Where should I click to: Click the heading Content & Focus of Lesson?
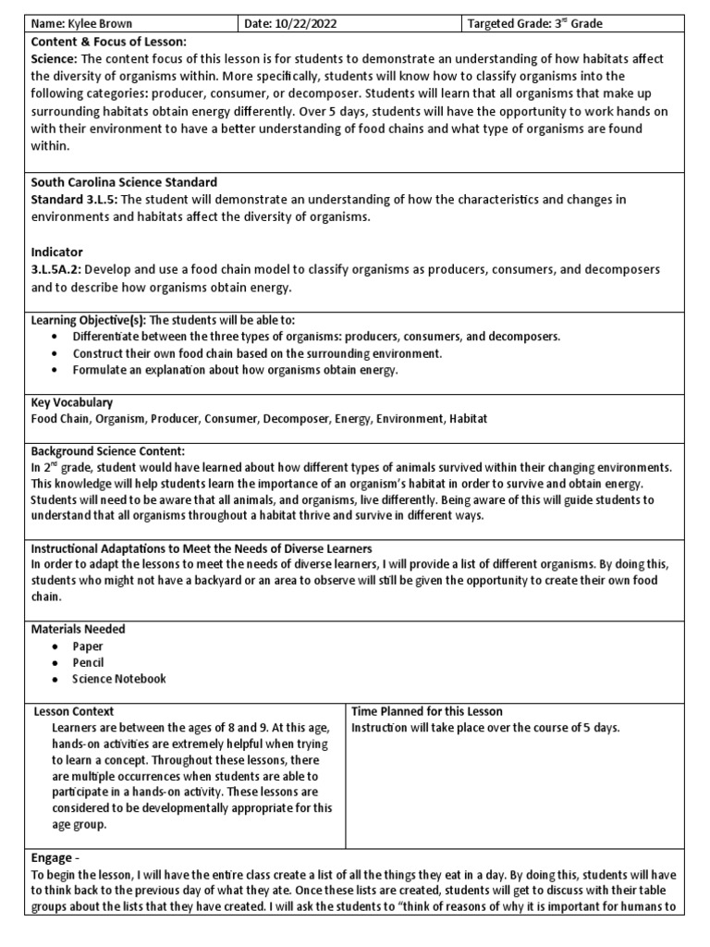click(108, 42)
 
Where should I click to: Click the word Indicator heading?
click(56, 252)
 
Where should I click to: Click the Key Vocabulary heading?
click(72, 402)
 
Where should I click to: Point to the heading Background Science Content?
click(109, 451)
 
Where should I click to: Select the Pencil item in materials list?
click(88, 662)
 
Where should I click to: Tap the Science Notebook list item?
click(119, 679)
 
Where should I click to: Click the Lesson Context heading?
click(74, 711)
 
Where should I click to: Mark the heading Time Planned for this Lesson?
click(427, 711)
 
